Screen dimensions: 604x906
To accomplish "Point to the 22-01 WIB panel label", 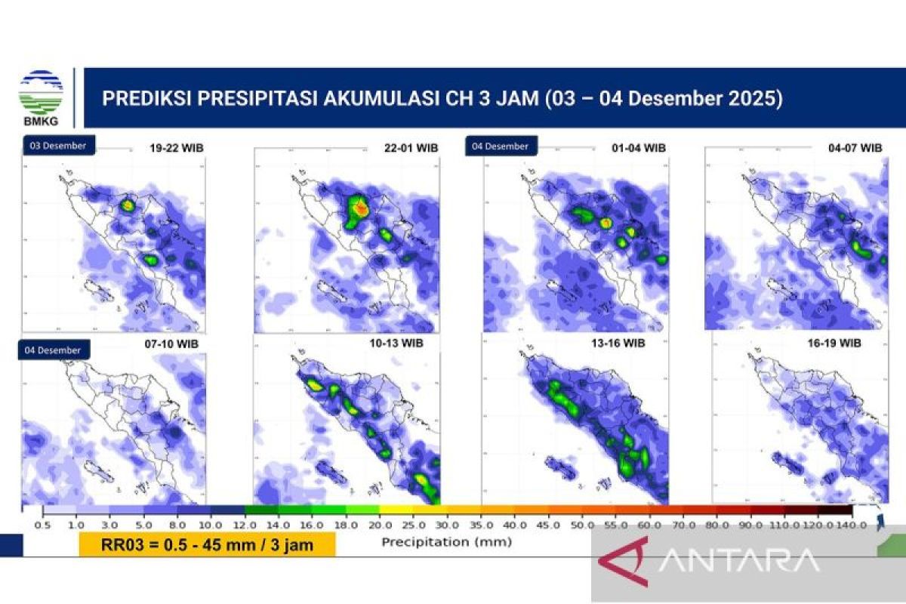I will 411,149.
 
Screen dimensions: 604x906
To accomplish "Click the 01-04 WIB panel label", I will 639,148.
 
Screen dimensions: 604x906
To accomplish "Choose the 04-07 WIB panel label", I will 855,148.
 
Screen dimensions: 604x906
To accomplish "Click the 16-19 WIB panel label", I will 834,344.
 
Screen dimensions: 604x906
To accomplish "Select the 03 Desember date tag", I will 58,146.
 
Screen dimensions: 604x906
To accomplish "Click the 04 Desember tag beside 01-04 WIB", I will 500,146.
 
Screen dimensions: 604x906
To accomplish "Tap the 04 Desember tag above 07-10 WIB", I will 54,350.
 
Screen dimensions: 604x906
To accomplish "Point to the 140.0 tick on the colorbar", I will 852,525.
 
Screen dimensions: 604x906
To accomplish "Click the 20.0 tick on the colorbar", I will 379,525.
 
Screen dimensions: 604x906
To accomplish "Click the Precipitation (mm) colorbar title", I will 446,541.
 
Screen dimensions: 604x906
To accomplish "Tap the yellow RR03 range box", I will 207,544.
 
